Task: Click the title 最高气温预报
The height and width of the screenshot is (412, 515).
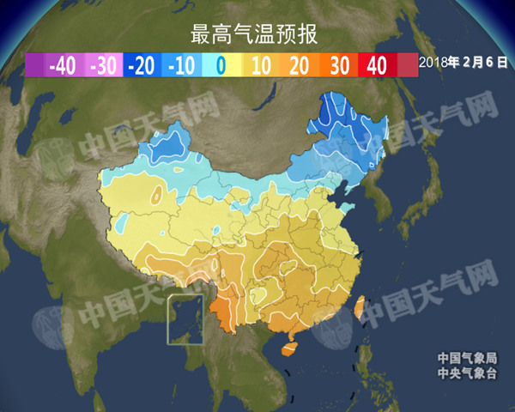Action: coord(255,35)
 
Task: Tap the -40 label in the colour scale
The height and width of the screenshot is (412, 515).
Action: coord(63,65)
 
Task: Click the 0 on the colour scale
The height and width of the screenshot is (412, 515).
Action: coord(221,65)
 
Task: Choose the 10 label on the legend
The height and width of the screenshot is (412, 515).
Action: coord(261,65)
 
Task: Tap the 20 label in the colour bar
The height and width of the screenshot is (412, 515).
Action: coord(300,65)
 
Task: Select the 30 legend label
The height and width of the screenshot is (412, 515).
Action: coord(339,65)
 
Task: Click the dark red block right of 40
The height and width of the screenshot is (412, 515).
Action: coord(408,65)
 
